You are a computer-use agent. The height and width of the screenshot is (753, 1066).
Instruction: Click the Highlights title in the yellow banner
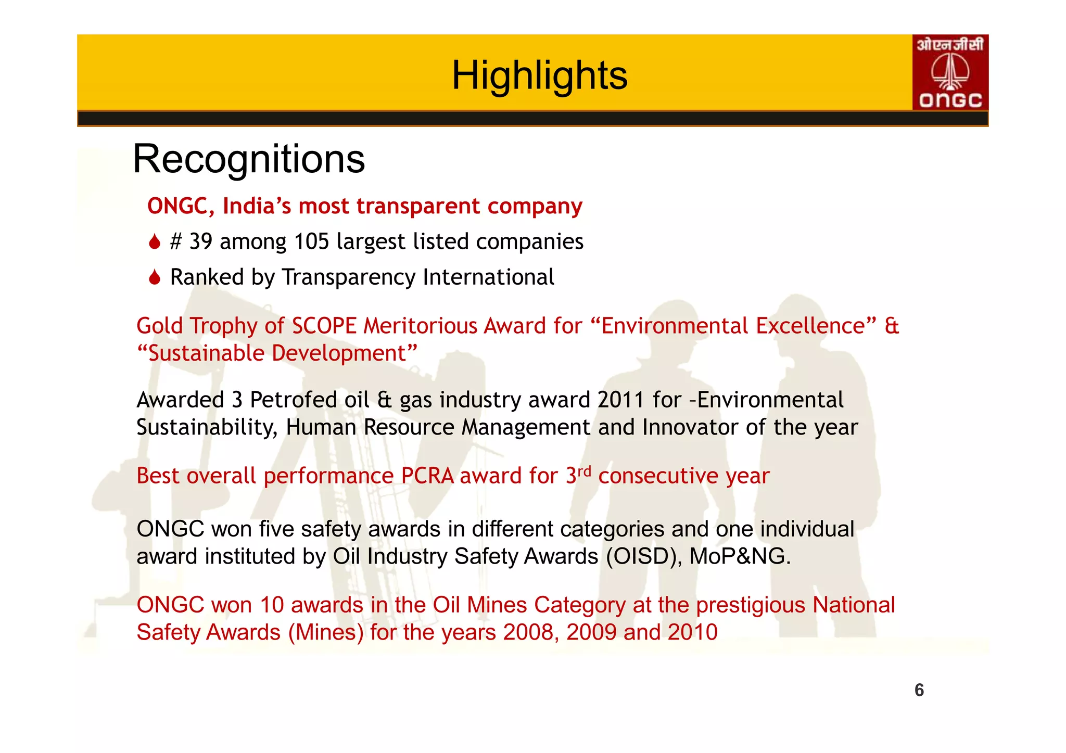click(539, 75)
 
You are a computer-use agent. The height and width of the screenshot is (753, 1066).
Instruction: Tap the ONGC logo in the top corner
click(950, 72)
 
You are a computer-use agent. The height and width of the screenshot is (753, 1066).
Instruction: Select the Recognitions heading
click(249, 159)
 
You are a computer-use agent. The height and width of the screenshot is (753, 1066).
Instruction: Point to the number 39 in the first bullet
click(200, 241)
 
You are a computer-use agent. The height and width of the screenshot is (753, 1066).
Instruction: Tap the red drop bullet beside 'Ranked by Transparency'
click(154, 277)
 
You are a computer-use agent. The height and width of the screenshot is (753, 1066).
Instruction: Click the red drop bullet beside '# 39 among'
click(154, 242)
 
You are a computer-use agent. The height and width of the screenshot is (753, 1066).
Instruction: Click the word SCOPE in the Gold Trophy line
click(324, 326)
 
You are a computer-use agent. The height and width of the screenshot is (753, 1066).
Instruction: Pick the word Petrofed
click(294, 400)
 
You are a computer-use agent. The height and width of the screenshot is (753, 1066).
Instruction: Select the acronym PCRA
click(427, 476)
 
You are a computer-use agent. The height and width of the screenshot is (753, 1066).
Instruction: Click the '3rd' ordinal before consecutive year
click(578, 475)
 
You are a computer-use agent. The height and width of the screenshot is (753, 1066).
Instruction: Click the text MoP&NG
click(740, 556)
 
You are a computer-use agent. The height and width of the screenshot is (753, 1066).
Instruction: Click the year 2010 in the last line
click(692, 632)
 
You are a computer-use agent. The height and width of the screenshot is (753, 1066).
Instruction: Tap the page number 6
click(919, 690)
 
